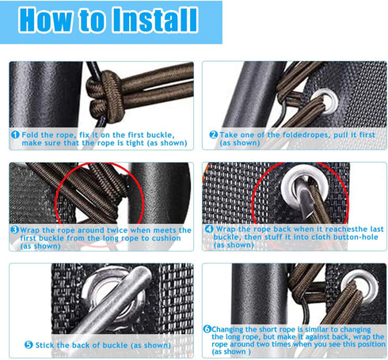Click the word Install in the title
[x=155, y=19]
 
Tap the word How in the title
[x=45, y=19]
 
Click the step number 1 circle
[x=15, y=135]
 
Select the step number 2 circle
[x=213, y=135]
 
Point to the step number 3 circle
[x=14, y=229]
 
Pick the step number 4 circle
[x=209, y=229]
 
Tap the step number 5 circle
[x=29, y=345]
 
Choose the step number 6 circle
[x=207, y=329]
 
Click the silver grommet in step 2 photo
[x=325, y=101]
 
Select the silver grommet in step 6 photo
[x=359, y=286]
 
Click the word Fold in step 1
[x=30, y=135]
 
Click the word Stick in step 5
[x=45, y=345]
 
